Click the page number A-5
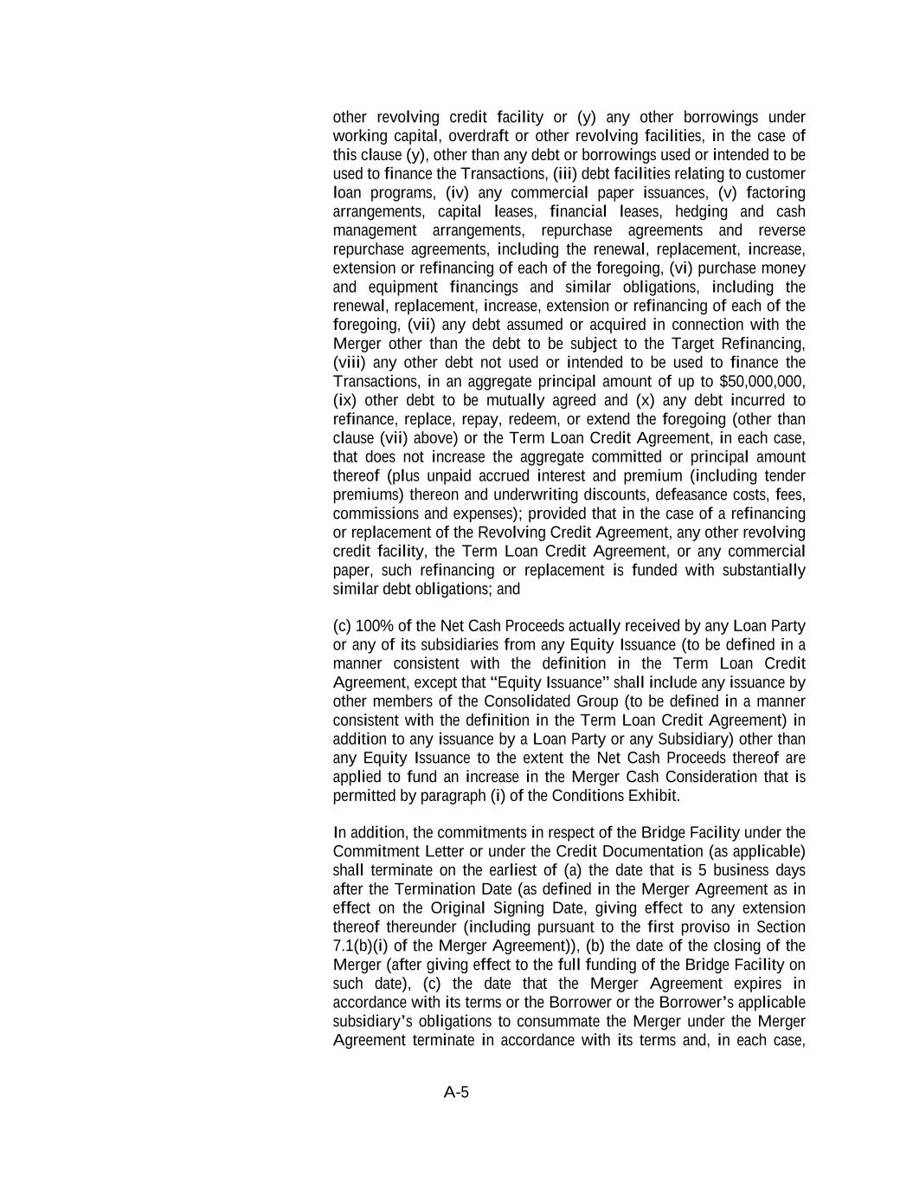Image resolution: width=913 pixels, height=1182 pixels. [x=456, y=1092]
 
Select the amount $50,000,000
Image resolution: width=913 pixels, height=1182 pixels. [x=762, y=382]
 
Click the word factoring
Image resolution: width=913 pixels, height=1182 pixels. [x=775, y=192]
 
